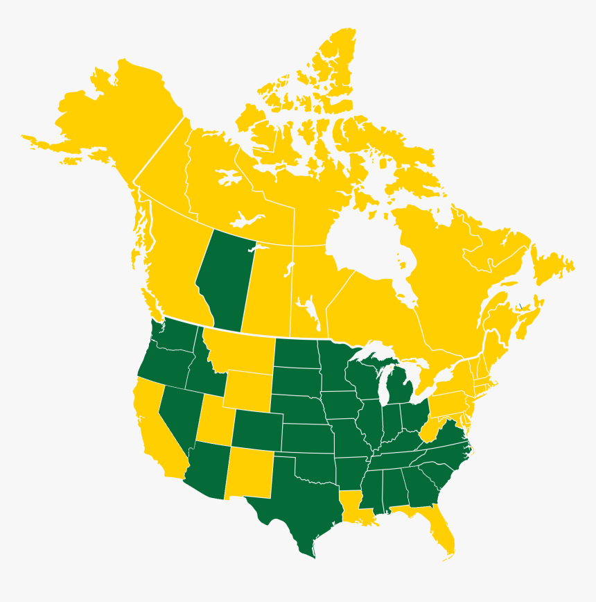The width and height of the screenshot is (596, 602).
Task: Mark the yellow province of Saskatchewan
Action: (267, 284)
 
